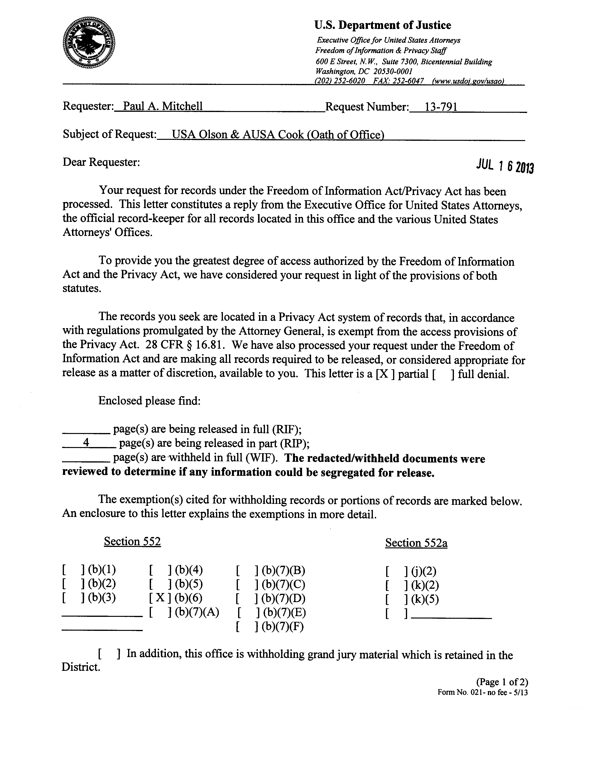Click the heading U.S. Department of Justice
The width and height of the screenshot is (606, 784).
382,25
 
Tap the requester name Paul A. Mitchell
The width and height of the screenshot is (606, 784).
163,106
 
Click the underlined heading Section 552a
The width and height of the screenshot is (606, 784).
416,543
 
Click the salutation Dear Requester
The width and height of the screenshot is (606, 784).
101,162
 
